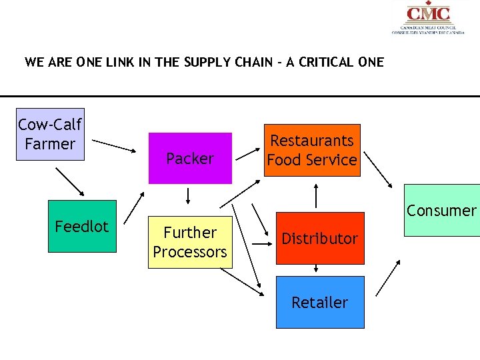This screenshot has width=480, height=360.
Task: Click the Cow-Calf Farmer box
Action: (50, 134)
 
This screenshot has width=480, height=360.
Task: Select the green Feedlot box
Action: (81, 227)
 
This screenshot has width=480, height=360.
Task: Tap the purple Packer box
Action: (190, 158)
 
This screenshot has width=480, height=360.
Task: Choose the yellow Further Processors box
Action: (190, 242)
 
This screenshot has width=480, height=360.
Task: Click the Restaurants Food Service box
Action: (312, 150)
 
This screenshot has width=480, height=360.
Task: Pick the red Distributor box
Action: (320, 238)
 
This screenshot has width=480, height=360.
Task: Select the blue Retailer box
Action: (320, 302)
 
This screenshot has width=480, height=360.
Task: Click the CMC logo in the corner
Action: (428, 18)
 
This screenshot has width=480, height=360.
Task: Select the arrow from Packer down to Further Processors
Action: (189, 196)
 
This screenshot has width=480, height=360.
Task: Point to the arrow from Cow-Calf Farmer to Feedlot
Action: (70, 181)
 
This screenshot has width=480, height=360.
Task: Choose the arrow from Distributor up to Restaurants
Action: (316, 197)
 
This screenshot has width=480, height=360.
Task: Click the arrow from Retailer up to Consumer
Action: (389, 278)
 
